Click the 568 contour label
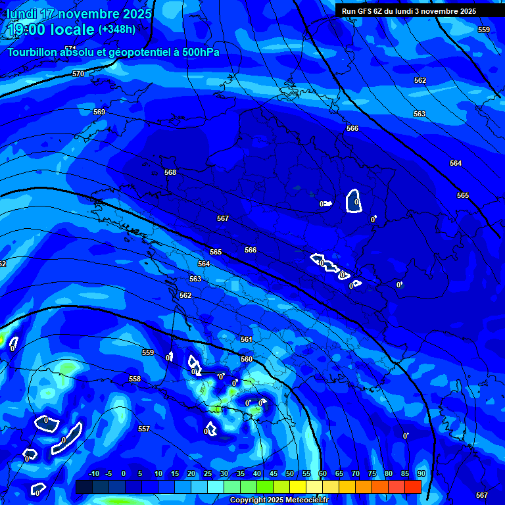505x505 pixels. pos(170,172)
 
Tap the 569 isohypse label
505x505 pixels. pos(99,112)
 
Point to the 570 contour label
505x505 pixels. pos(78,74)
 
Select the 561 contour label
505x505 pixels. pos(246,339)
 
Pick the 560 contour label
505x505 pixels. pos(247,359)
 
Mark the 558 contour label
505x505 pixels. pos(135,379)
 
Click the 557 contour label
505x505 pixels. pos(144,429)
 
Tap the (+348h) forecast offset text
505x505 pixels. pos(117,29)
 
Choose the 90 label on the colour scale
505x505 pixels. pos(421,473)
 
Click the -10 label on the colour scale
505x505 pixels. pos(93,473)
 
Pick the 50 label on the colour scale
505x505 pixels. pos(290,473)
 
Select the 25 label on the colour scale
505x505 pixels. pos(208,473)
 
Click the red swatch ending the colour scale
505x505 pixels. pos(412,487)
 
